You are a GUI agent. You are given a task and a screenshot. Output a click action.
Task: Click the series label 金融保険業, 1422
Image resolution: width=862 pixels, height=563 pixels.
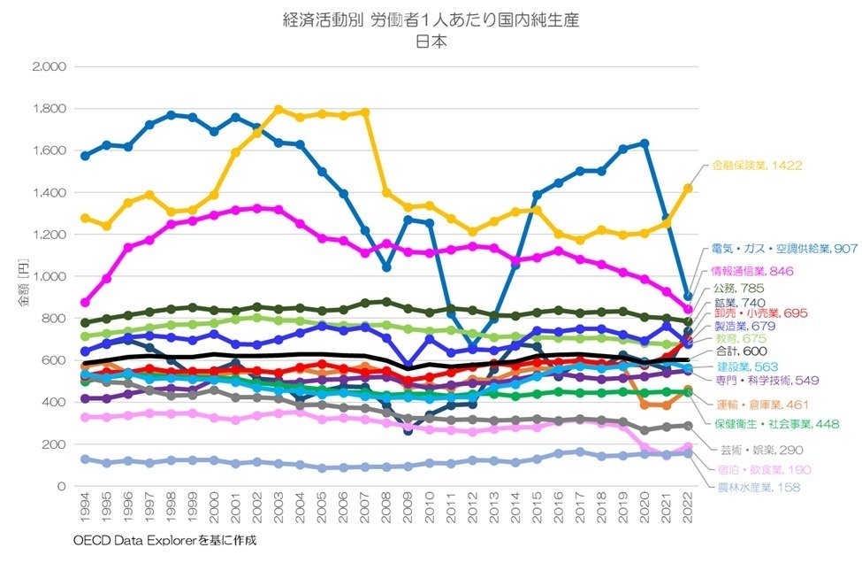click(x=756, y=165)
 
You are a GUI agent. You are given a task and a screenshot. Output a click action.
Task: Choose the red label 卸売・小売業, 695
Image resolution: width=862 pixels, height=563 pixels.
click(x=759, y=313)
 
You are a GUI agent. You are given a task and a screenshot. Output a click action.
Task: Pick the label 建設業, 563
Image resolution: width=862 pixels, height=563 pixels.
click(x=746, y=366)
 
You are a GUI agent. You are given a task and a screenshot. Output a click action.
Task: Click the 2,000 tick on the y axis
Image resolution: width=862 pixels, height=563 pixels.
click(x=49, y=67)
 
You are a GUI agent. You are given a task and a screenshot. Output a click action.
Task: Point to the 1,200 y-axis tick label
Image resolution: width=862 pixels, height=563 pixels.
click(x=49, y=235)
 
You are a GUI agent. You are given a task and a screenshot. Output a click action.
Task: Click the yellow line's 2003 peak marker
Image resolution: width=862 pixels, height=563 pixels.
click(x=278, y=110)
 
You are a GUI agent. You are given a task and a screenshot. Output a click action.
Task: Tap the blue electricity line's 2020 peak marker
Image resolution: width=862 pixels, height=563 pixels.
click(x=645, y=143)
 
